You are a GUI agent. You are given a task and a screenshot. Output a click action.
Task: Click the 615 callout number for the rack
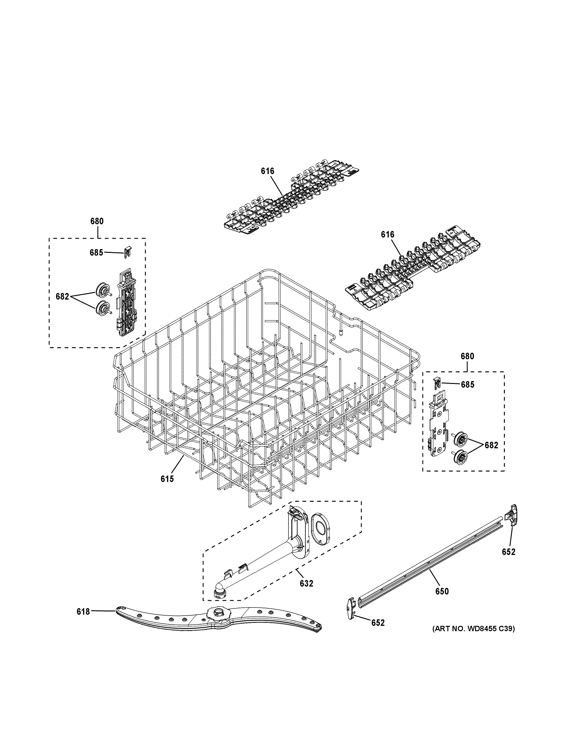167,479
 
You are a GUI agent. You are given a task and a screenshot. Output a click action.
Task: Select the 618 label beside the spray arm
83,612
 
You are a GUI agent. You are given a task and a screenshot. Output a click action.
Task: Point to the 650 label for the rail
442,591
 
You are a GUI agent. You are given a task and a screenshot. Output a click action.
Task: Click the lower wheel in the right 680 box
460,457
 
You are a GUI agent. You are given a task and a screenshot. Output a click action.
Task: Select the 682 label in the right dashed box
491,445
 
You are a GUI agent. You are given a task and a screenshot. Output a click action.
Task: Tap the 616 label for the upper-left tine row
268,171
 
